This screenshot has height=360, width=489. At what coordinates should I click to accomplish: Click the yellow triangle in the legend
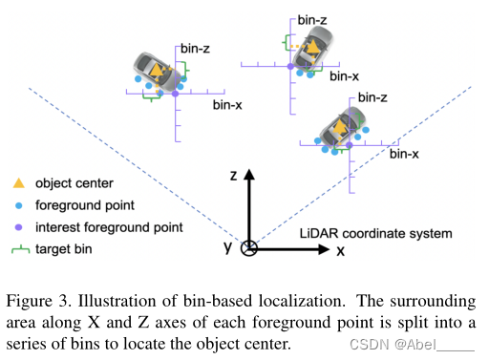click(x=17, y=182)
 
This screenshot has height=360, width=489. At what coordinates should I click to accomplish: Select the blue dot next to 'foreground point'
click(x=17, y=203)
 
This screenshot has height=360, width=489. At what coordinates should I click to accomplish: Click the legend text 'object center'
click(x=74, y=182)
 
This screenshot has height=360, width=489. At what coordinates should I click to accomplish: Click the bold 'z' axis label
click(x=232, y=175)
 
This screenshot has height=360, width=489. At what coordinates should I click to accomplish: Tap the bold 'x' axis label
click(x=340, y=250)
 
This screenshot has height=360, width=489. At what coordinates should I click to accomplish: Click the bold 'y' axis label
click(x=228, y=248)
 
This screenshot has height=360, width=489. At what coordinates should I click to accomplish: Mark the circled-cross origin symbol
click(x=248, y=249)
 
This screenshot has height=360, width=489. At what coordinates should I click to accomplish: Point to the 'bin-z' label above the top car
click(x=313, y=18)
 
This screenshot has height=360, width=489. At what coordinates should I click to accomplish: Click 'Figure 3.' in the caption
click(x=37, y=302)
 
